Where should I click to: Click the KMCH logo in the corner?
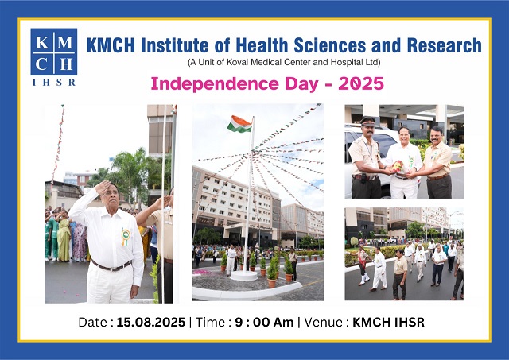click(54, 52)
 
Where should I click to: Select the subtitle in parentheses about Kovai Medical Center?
click(284, 62)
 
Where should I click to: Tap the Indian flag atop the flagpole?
click(239, 124)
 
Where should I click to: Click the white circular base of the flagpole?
click(243, 275)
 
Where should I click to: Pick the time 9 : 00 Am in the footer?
click(270, 323)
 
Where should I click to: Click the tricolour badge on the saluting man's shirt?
click(126, 237)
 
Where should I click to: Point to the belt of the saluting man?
click(111, 265)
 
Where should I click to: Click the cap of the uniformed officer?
click(368, 122)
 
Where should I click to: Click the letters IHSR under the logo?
click(54, 82)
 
